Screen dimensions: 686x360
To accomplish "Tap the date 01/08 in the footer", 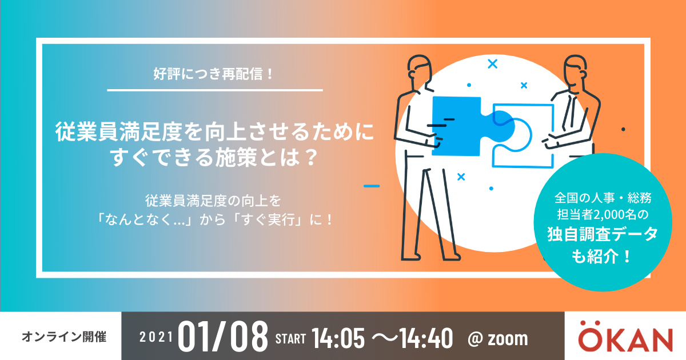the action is click(223, 337).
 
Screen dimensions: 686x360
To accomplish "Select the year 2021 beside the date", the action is click(156, 337).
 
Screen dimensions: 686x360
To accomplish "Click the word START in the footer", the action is click(290, 339).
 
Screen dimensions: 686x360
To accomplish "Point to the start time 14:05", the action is click(338, 338).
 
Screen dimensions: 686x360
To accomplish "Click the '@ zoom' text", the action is click(498, 339).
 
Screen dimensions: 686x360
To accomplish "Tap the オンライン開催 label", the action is click(64, 337).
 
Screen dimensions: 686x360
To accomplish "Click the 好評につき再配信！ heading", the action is click(213, 74).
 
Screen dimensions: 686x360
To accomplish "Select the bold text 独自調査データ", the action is click(603, 234).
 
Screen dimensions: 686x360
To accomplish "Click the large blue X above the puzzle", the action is click(492, 63).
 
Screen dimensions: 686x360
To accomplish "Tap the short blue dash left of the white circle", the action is click(372, 186).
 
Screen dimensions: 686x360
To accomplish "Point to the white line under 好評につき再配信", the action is click(215, 90).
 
